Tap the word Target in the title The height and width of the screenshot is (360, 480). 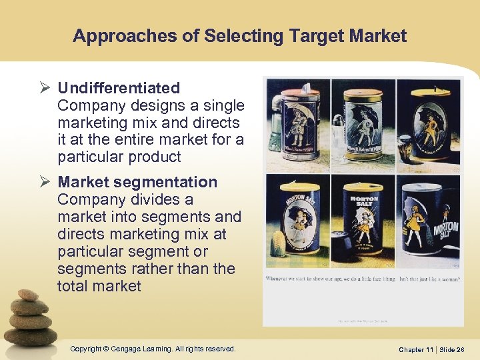pyautogui.click(x=315, y=36)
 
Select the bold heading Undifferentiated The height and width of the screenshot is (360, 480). pyautogui.click(x=119, y=88)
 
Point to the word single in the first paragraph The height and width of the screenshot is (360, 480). pyautogui.click(x=223, y=105)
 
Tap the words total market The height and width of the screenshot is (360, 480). pyautogui.click(x=99, y=286)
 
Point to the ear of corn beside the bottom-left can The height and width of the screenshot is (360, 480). pyautogui.click(x=276, y=244)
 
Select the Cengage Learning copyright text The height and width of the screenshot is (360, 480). pyautogui.click(x=152, y=349)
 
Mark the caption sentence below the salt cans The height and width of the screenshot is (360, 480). pyautogui.click(x=362, y=278)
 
